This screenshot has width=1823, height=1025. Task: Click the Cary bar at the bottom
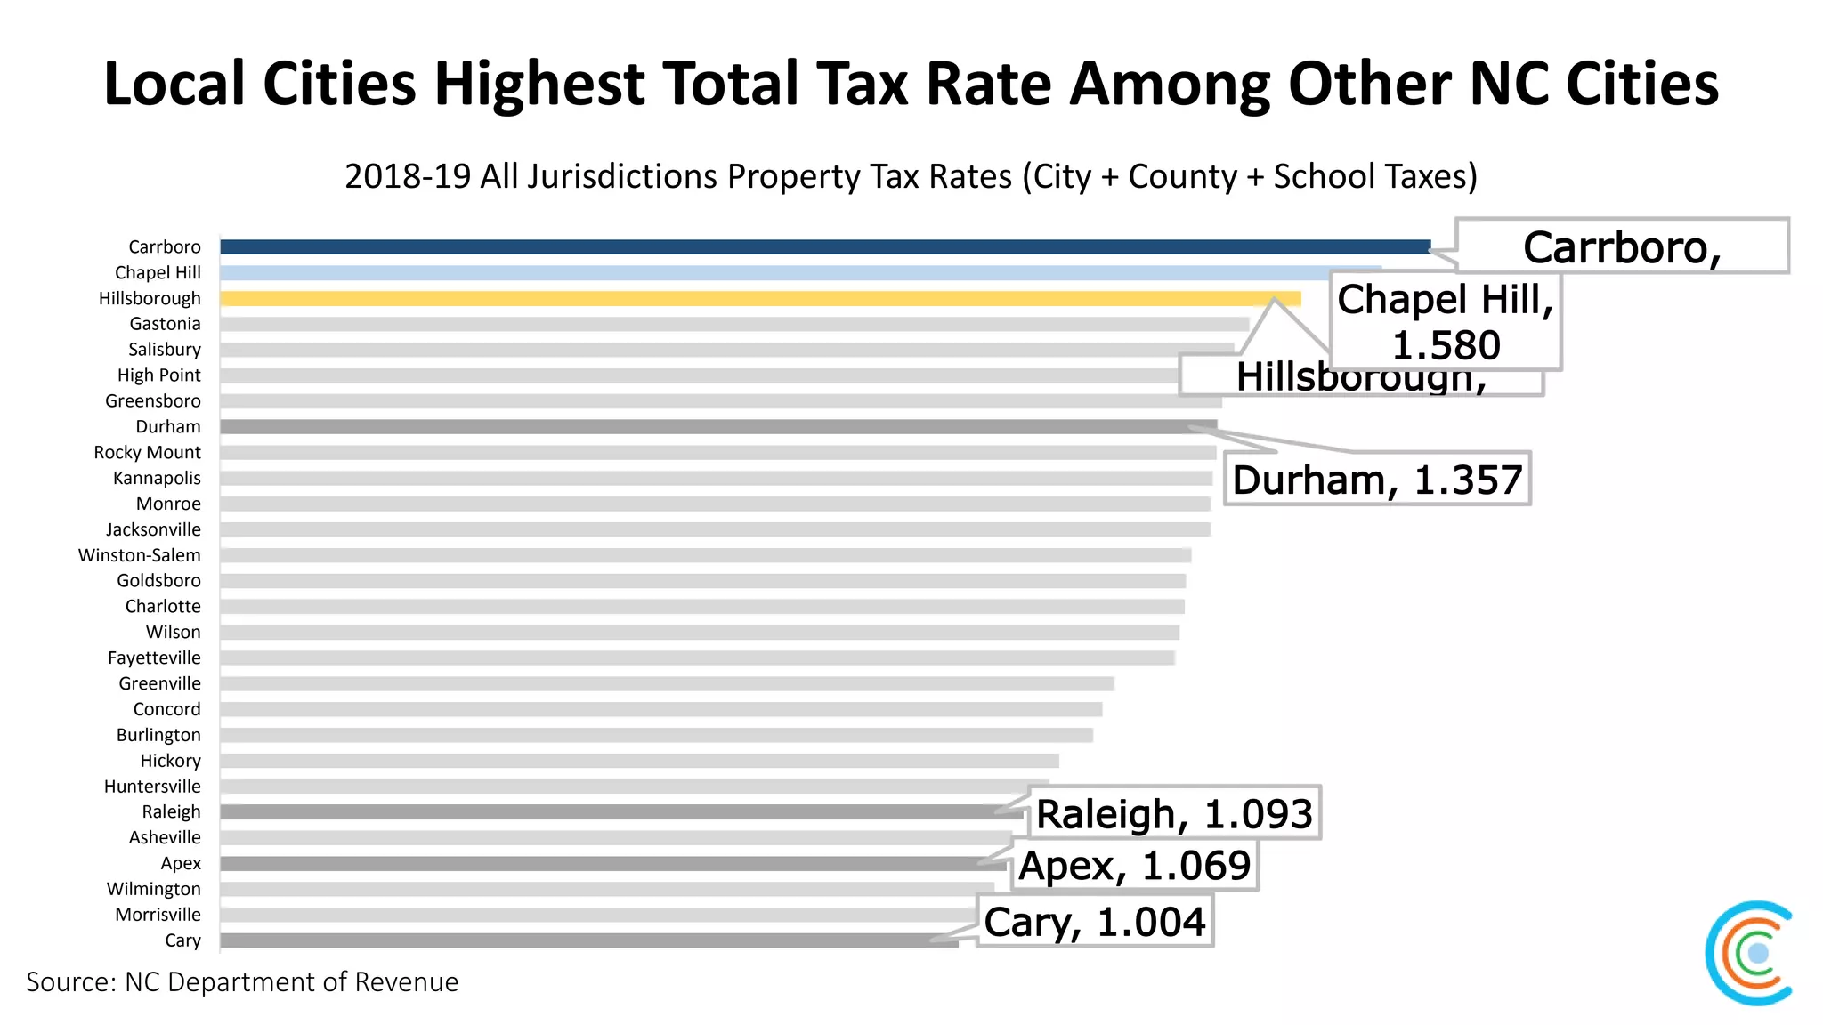click(x=588, y=940)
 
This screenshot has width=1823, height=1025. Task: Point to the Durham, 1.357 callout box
click(x=1376, y=480)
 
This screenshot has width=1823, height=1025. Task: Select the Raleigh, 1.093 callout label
click(x=1174, y=813)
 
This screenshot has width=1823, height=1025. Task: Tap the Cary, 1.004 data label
click(x=1094, y=922)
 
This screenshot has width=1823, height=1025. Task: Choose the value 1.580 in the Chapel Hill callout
click(x=1446, y=345)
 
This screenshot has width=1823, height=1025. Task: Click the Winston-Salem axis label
click(x=140, y=555)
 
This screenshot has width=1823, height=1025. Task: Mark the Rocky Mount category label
click(x=148, y=453)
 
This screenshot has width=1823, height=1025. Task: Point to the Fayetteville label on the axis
click(x=154, y=658)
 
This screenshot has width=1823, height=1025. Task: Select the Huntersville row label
click(x=152, y=787)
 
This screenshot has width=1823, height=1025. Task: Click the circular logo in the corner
click(x=1749, y=953)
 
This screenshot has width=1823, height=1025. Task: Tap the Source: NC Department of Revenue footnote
click(x=242, y=981)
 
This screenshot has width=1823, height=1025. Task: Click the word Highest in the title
click(x=539, y=84)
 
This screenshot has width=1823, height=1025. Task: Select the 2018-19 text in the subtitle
click(x=407, y=176)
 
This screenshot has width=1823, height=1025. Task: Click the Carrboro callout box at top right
click(x=1621, y=246)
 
